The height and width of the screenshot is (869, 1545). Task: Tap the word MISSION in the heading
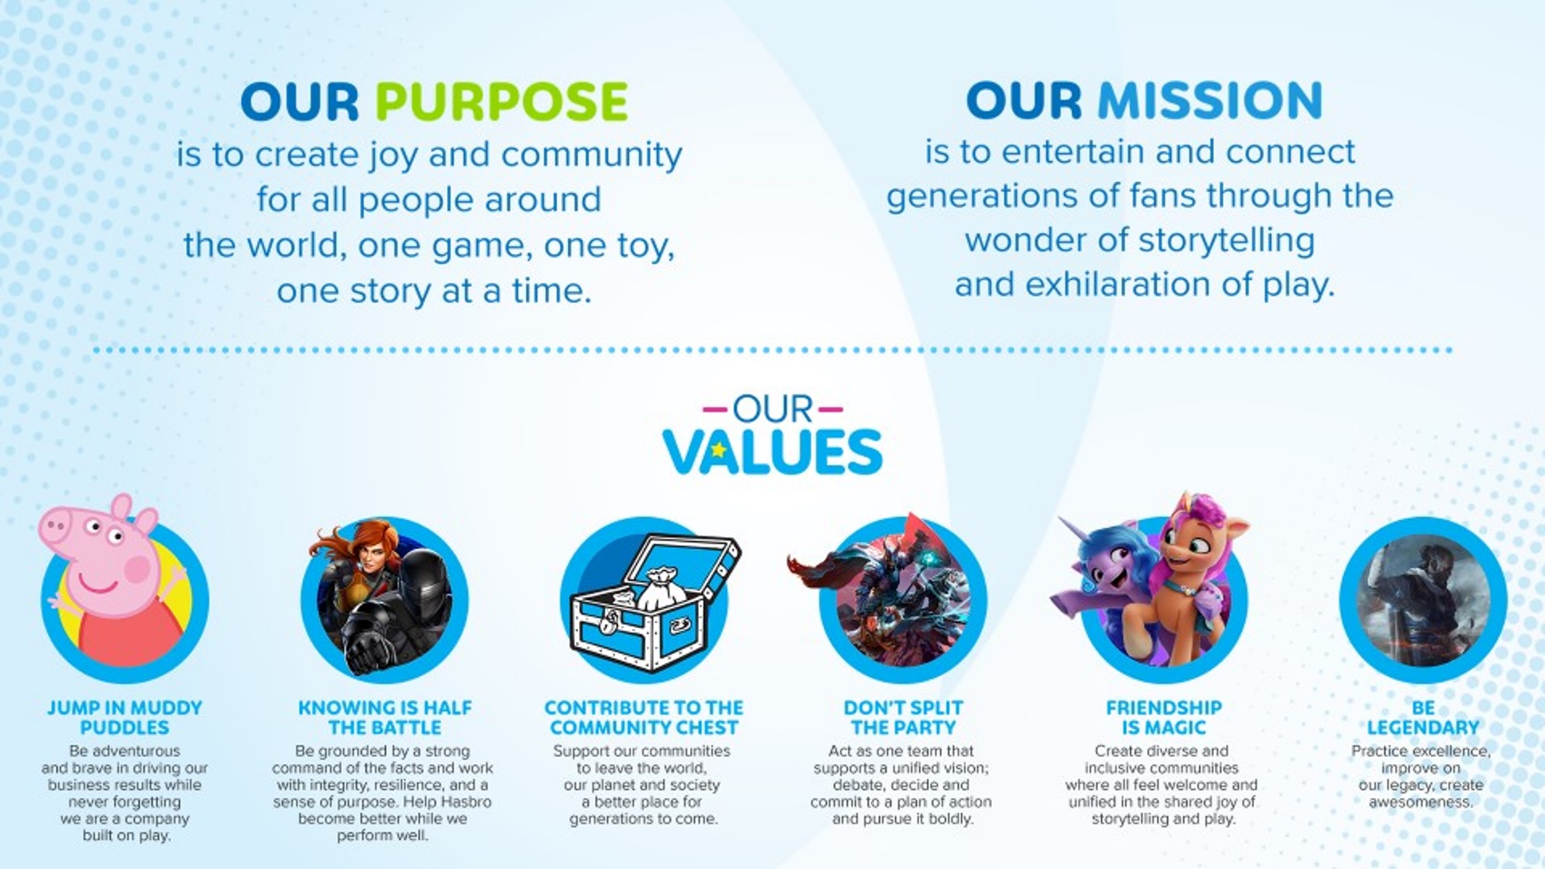pos(1209,100)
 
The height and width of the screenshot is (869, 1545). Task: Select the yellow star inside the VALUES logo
pos(718,451)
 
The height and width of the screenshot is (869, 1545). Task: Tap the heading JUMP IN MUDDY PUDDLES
pos(124,718)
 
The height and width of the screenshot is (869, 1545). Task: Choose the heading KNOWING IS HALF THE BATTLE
pos(384,718)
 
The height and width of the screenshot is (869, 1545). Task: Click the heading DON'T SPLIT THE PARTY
pos(903,718)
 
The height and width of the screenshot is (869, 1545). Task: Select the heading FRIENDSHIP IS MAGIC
pos(1164,718)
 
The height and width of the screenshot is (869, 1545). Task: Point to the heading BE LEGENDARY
pos(1423,718)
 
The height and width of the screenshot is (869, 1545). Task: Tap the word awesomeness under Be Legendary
pos(1420,802)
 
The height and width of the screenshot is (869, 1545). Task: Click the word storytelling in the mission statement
pos(1226,240)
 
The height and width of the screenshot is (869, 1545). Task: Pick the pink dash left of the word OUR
pos(714,409)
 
